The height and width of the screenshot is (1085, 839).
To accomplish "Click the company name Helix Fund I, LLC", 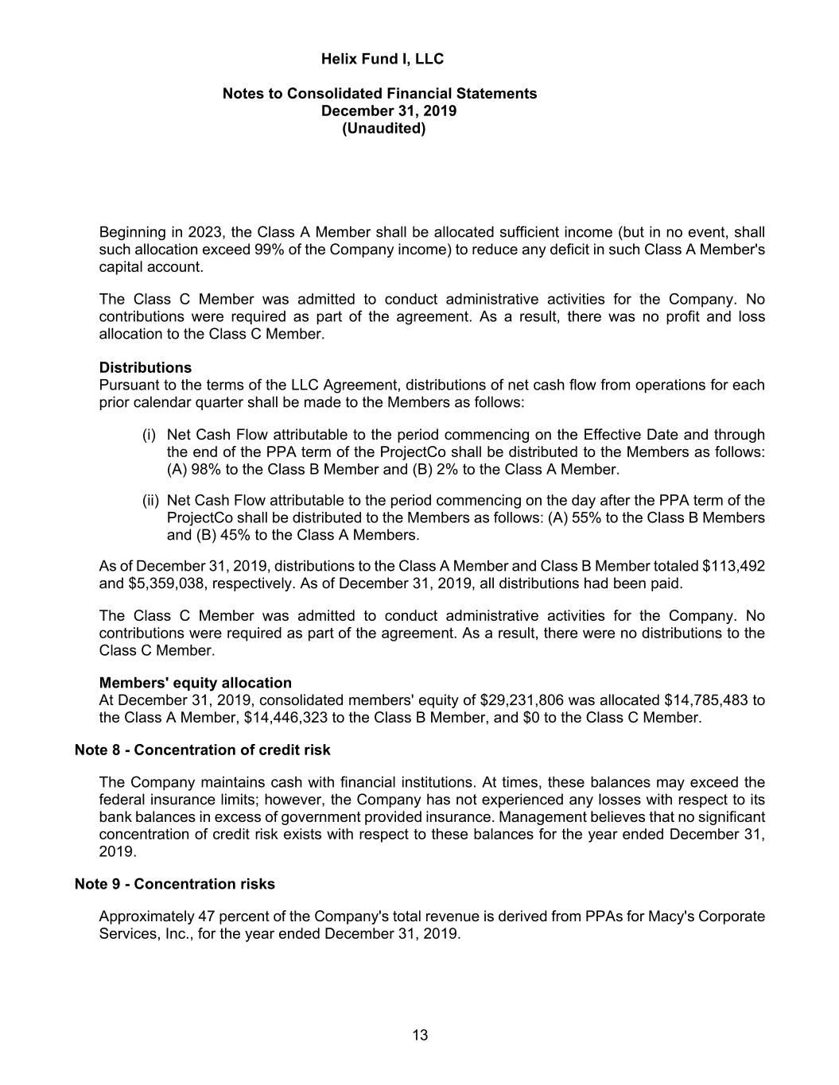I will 382,59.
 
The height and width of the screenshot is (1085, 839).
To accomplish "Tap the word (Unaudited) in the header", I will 383,128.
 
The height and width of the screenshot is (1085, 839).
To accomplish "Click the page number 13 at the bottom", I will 420,1035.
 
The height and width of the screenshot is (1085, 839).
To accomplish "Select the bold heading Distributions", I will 146,367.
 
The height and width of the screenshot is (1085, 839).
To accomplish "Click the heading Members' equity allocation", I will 195,683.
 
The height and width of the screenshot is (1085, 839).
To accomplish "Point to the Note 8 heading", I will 202,750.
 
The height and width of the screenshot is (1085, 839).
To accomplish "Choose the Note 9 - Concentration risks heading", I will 174,884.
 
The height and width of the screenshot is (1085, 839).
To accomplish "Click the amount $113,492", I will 733,566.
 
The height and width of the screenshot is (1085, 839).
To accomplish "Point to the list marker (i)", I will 149,435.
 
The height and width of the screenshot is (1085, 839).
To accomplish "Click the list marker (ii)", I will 150,501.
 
